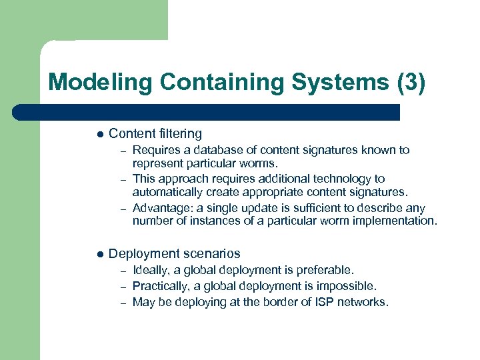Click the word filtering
(178, 133)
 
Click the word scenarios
(211, 254)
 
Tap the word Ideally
(151, 270)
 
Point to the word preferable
(326, 270)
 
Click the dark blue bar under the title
(207, 112)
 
